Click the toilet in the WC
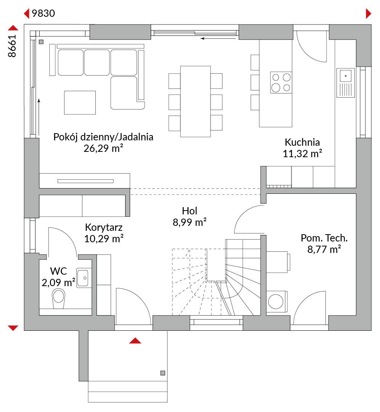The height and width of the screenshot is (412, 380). point(59,298)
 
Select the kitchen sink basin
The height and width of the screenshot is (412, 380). point(346,76)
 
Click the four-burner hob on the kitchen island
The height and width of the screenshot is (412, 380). point(281,82)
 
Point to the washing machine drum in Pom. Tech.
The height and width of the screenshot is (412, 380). point(276,301)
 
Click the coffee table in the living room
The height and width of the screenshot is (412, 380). point(80,103)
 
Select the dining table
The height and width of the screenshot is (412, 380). point(195,101)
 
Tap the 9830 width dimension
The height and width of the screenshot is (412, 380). point(43,13)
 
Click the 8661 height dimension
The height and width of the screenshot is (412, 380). point(12,46)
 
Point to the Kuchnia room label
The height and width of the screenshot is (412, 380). point(302,142)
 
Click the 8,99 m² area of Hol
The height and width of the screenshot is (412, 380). point(190,222)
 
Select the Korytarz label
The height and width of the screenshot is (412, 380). point(104,227)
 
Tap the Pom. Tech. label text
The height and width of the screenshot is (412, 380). point(324,238)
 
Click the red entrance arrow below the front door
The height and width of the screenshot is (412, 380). point(135,341)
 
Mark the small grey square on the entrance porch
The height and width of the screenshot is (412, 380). point(163,373)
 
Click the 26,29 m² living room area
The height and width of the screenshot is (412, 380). point(103,148)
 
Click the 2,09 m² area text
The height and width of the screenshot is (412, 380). point(58,282)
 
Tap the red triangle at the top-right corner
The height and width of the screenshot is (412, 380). point(369,14)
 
